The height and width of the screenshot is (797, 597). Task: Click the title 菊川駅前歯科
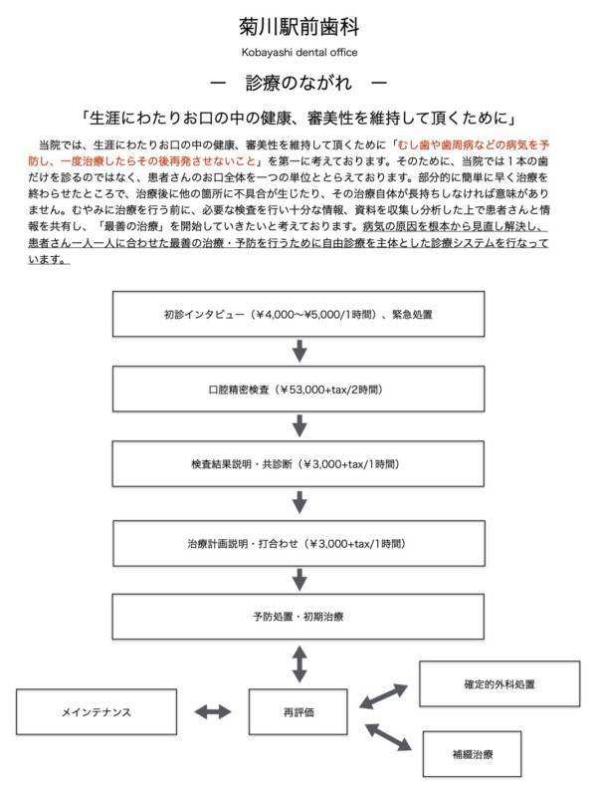coord(298,26)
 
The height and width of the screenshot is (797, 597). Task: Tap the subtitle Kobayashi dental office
coord(298,52)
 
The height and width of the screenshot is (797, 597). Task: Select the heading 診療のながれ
coord(298,83)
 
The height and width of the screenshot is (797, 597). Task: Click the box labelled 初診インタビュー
coord(298,314)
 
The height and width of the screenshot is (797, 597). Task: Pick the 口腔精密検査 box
coord(298,390)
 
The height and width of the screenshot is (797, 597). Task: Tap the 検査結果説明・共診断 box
coord(298,465)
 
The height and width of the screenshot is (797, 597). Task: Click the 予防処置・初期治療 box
coord(298,617)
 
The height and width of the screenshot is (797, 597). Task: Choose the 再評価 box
coord(298,712)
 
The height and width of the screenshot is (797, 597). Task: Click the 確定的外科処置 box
coord(486,685)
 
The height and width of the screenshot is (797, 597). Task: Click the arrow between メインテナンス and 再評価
coord(213,712)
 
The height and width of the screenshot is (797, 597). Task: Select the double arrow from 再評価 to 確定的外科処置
coord(383,695)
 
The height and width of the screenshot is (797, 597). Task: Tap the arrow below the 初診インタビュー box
coord(298,352)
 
